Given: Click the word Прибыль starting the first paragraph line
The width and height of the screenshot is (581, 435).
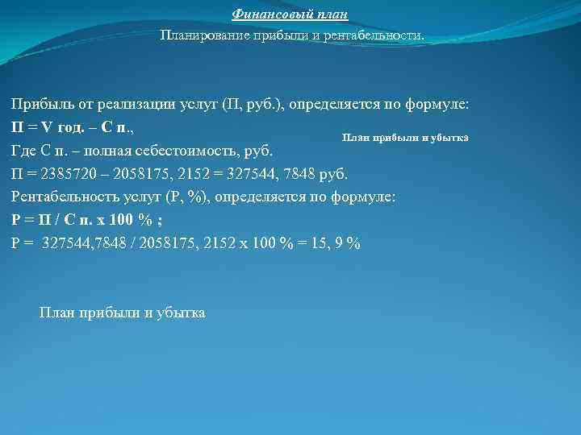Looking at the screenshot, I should [x=40, y=106].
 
